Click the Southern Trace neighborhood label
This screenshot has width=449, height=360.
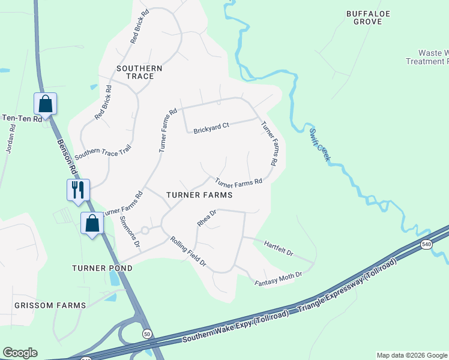[139, 73]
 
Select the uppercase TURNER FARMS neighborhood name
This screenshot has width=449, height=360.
[199, 195]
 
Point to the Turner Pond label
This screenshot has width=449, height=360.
[101, 268]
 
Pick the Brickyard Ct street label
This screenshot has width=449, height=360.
[211, 128]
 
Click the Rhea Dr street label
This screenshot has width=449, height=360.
[206, 217]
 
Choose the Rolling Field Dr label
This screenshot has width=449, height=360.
[188, 252]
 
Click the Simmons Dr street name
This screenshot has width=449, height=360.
[130, 233]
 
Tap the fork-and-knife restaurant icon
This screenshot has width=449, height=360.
[78, 190]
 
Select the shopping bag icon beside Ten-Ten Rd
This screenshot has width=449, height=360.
[46, 103]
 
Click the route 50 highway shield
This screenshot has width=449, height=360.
[146, 334]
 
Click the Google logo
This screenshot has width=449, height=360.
[20, 353]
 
